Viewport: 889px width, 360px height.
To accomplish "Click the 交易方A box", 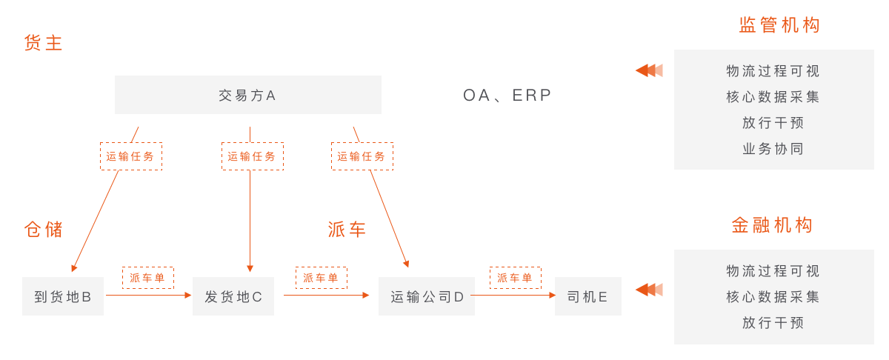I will pos(247,95).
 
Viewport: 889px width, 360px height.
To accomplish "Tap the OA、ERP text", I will pos(507,96).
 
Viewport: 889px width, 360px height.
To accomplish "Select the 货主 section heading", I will pos(44,43).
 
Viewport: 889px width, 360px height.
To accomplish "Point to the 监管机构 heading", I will pos(780,25).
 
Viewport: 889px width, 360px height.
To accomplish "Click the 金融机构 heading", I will pos(773,225).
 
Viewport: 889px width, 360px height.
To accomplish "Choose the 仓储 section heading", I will pos(44,230).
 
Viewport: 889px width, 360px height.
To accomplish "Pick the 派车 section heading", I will pos(347,230).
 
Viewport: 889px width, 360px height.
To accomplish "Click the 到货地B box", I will pos(63,297).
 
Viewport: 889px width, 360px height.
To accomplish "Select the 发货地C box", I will pos(233,297).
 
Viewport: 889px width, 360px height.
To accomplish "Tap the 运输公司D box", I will pos(427,297).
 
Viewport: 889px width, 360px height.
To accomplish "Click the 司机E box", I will pos(587,297).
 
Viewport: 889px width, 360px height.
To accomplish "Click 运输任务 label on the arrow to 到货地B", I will pos(131,156).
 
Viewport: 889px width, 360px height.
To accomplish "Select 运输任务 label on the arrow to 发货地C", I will pos(252,156).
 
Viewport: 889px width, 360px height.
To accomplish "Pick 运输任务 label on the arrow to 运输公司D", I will pos(362,156).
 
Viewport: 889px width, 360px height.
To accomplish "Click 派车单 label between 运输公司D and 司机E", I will pos(515,278).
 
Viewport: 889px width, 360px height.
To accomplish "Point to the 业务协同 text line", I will pos(773,149).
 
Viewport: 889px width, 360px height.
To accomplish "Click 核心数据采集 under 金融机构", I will pos(773,297).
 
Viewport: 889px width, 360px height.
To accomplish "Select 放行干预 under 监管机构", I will pos(773,123).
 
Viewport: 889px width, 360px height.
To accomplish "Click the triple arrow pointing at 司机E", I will pos(649,289).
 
